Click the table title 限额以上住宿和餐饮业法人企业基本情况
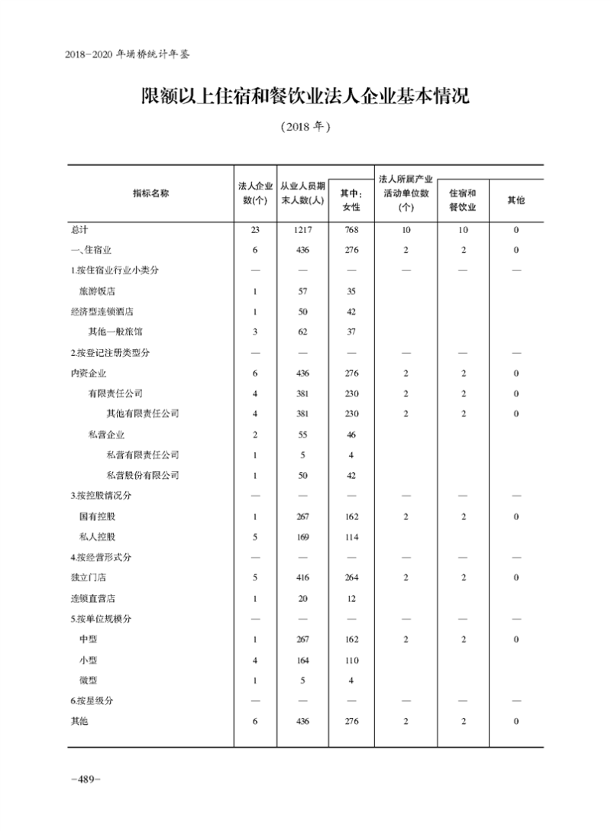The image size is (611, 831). pyautogui.click(x=305, y=96)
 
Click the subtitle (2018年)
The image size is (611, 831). pyautogui.click(x=305, y=128)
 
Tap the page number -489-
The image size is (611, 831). pyautogui.click(x=86, y=779)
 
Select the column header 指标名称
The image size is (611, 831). pyautogui.click(x=150, y=193)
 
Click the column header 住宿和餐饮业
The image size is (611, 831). pyautogui.click(x=462, y=200)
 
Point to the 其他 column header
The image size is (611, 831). pyautogui.click(x=516, y=200)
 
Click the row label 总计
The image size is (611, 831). pyautogui.click(x=79, y=229)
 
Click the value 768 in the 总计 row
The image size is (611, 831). pyautogui.click(x=351, y=229)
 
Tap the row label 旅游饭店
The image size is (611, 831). pyautogui.click(x=97, y=291)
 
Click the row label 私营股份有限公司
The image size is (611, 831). pyautogui.click(x=143, y=475)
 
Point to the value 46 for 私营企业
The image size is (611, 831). pyautogui.click(x=351, y=434)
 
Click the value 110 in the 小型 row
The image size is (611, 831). pyautogui.click(x=351, y=660)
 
